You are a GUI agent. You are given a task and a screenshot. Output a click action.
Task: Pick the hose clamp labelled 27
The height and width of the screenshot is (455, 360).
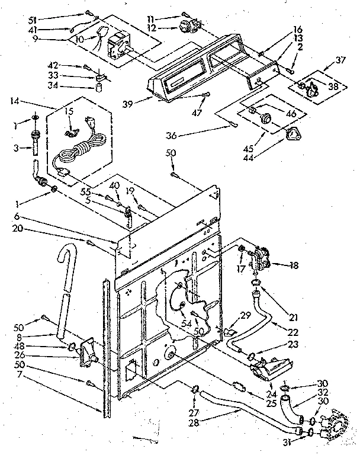point(194,389)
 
